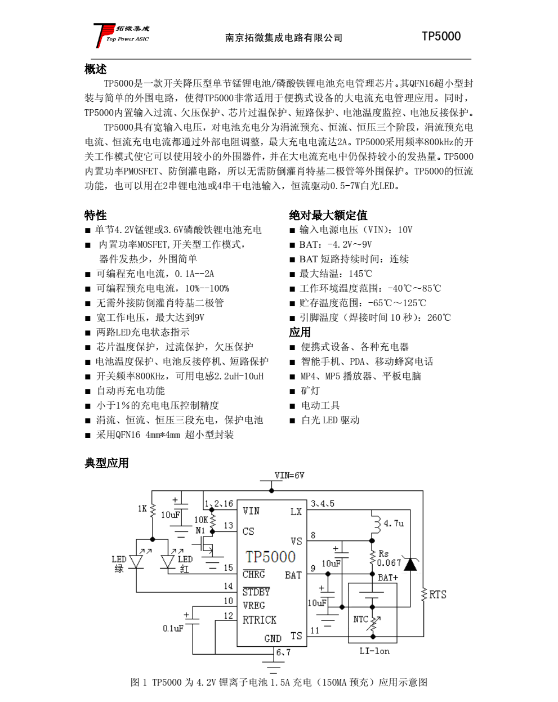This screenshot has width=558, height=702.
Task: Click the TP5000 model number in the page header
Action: point(441,37)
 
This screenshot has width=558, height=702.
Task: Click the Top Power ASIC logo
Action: point(121,35)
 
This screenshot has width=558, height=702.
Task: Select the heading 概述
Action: point(95,69)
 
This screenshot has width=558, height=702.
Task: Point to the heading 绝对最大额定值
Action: point(328,215)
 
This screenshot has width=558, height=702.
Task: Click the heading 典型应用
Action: point(106,463)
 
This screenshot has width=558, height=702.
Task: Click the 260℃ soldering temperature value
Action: point(439,318)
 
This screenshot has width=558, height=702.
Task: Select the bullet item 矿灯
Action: point(310,391)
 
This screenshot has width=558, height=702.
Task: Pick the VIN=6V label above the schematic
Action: point(289,475)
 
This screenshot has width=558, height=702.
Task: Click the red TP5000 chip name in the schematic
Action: point(270,557)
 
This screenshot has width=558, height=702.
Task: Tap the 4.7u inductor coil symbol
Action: point(374,524)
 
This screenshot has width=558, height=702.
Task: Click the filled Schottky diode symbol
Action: point(410,564)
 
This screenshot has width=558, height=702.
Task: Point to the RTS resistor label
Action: point(438,594)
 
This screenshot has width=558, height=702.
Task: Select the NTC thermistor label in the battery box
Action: point(360,619)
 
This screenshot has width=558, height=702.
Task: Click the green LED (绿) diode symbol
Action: point(136,562)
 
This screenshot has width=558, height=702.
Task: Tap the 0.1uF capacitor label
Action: point(173,628)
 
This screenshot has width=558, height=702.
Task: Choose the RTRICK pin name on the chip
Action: point(259,620)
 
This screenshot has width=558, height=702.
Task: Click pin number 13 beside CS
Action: point(228,525)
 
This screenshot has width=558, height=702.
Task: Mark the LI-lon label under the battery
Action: point(374,651)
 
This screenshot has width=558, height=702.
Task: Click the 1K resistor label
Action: point(142,508)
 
